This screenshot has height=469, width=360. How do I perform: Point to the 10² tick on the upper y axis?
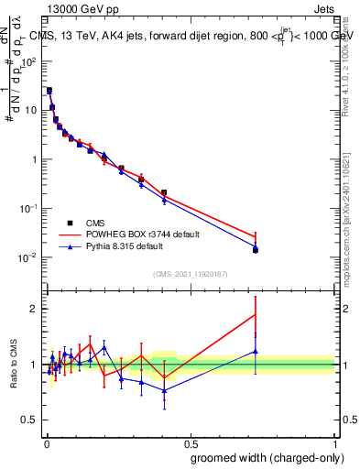tap(29, 61)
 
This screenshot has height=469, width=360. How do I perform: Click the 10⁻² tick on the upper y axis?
tap(29, 257)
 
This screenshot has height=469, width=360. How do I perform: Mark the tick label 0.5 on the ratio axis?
tap(30, 420)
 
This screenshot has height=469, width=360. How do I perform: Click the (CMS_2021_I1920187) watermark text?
tap(189, 273)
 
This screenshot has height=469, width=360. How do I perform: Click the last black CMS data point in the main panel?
tap(256, 250)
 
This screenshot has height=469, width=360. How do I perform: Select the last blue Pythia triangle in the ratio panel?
tap(256, 351)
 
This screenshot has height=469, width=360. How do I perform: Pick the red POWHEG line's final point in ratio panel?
tap(256, 314)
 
